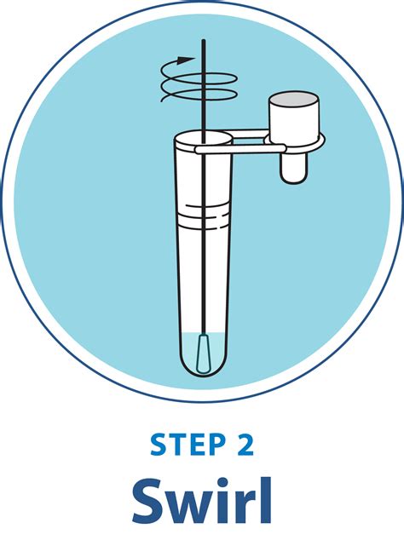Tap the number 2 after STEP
[x=244, y=445]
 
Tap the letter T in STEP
[x=175, y=445]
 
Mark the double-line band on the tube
[x=205, y=210]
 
